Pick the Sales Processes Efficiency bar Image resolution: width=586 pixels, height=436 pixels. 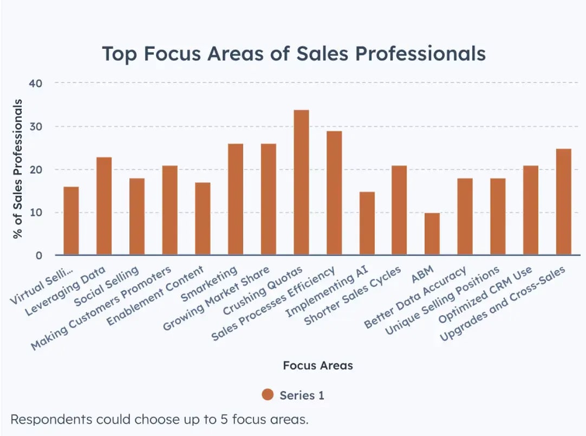(334, 193)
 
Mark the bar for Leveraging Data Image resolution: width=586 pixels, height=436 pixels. (104, 206)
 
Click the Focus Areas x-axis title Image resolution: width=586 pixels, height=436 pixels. (317, 366)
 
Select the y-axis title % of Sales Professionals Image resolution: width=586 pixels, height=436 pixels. (18, 169)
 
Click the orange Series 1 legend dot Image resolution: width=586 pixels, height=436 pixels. (268, 395)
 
